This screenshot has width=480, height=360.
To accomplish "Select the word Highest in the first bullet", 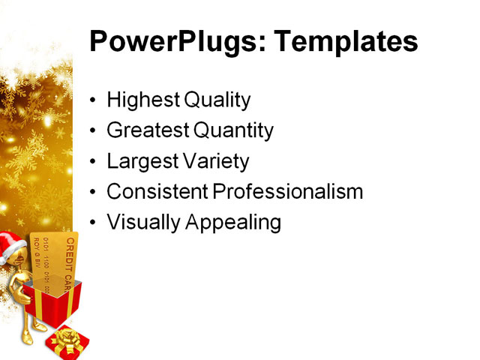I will click(x=138, y=100).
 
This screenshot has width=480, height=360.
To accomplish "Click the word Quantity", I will click(x=233, y=131).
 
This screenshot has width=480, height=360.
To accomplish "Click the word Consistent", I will click(x=157, y=192).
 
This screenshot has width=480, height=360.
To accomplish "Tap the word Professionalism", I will click(x=288, y=192).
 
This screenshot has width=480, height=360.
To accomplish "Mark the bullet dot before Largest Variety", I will click(x=93, y=162).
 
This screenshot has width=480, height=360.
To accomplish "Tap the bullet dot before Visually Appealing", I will click(x=93, y=223).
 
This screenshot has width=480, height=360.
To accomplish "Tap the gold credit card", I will click(x=56, y=262).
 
